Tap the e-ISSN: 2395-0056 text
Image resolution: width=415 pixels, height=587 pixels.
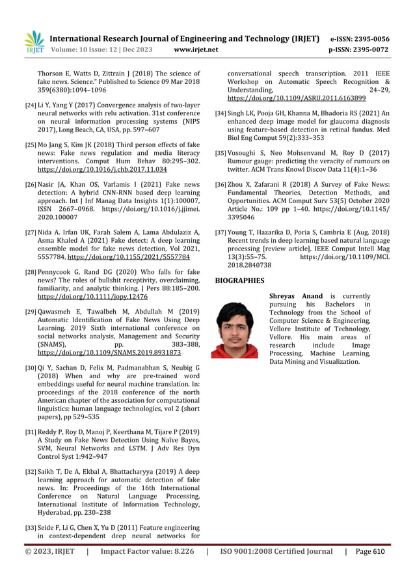click(360, 38)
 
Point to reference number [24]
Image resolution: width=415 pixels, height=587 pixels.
click(30, 105)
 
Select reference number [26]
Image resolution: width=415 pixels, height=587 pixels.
click(30, 185)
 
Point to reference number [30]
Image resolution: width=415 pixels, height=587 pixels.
click(30, 368)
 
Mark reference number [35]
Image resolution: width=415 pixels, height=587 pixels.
click(221, 152)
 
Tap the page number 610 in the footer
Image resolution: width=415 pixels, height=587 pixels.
click(379, 551)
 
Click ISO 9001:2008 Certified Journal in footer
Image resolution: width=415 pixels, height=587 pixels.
click(276, 551)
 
